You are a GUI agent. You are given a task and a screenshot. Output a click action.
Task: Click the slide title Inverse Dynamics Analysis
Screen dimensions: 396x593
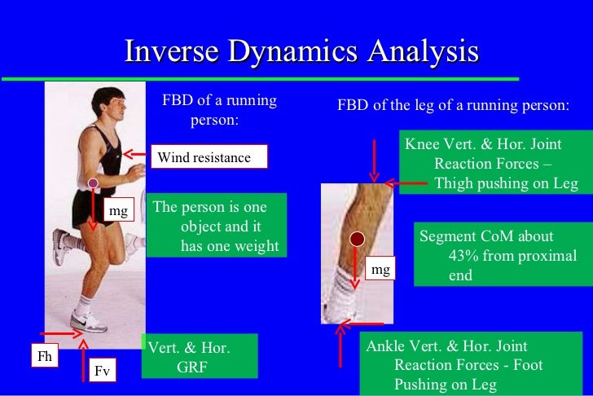[301, 52]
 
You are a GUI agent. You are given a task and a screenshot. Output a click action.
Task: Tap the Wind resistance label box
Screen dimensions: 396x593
[209, 156]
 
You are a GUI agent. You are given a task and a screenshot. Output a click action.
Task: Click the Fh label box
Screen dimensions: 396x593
[45, 355]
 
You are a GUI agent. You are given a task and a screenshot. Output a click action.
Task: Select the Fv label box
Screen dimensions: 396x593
[102, 372]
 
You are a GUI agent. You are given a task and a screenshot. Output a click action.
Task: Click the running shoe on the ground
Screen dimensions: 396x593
[88, 321]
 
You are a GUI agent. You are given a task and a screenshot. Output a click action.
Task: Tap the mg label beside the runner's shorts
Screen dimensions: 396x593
[119, 212]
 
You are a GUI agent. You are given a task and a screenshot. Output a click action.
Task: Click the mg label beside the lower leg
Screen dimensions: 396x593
[380, 268]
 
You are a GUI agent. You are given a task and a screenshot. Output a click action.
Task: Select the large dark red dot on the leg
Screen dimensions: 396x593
[356, 239]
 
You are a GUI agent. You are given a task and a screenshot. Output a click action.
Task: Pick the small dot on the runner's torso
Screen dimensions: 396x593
[93, 183]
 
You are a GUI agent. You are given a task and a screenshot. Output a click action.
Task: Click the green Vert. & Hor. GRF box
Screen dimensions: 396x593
[199, 357]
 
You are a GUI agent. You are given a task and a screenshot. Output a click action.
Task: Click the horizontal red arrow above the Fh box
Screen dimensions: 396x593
[59, 334]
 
